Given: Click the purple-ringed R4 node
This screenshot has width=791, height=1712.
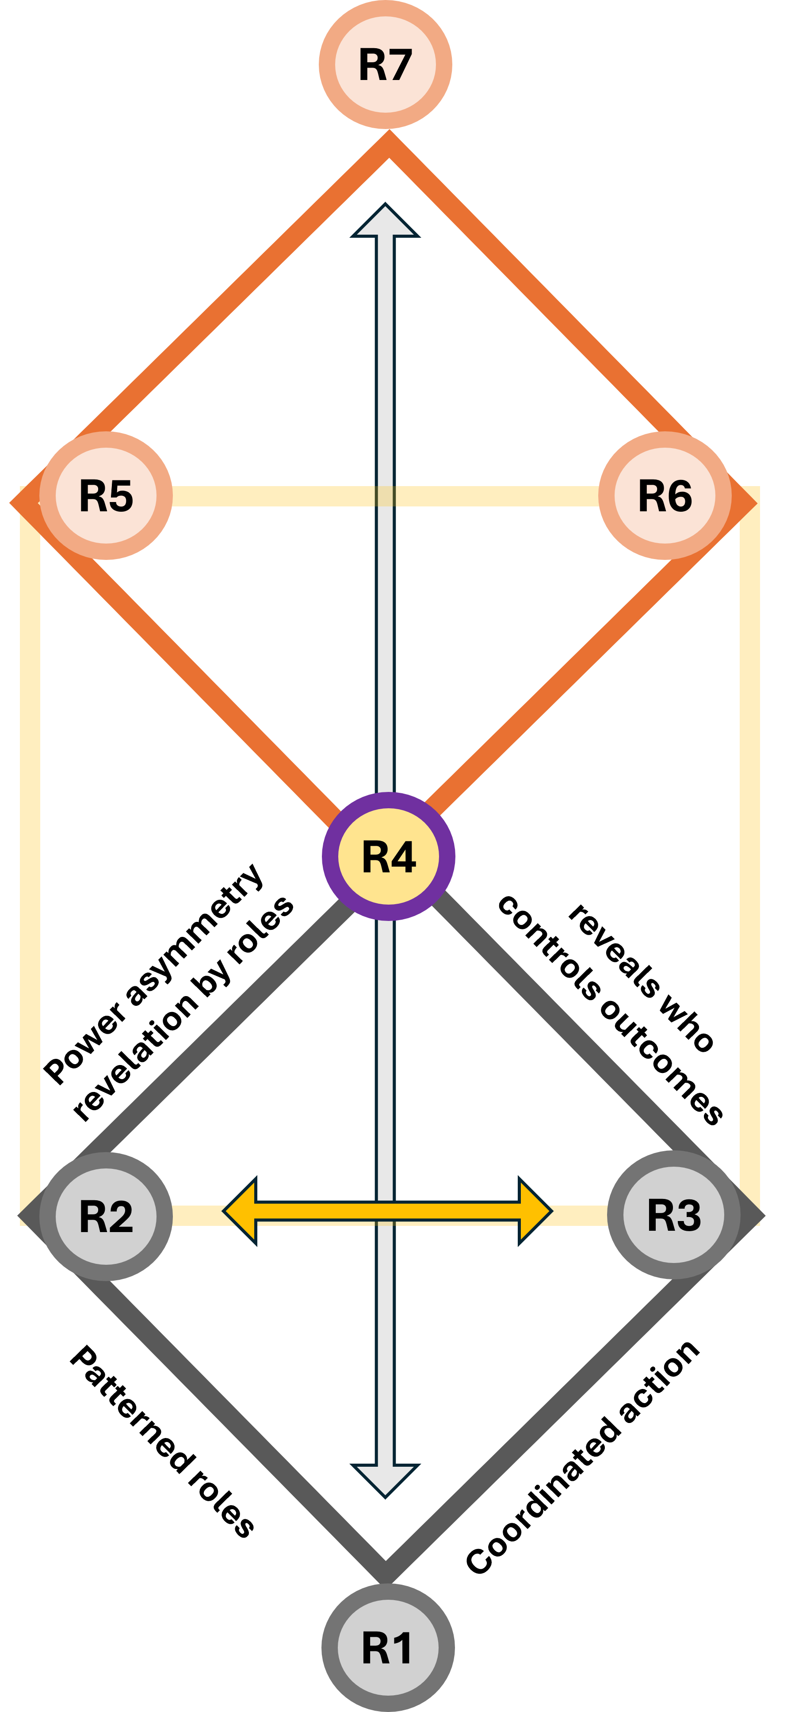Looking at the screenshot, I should coord(388,856).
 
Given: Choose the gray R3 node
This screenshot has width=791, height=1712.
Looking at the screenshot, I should coord(674,1215).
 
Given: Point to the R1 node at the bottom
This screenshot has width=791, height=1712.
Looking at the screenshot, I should coord(388,1647).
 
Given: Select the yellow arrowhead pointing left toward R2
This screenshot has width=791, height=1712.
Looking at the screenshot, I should coord(241,1211).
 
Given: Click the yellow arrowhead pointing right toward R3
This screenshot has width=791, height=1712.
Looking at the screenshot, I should coord(535,1211).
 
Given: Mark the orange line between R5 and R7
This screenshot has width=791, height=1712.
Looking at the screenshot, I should coord(246,286).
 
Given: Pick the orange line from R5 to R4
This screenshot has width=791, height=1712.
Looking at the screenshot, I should coord(219,685).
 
